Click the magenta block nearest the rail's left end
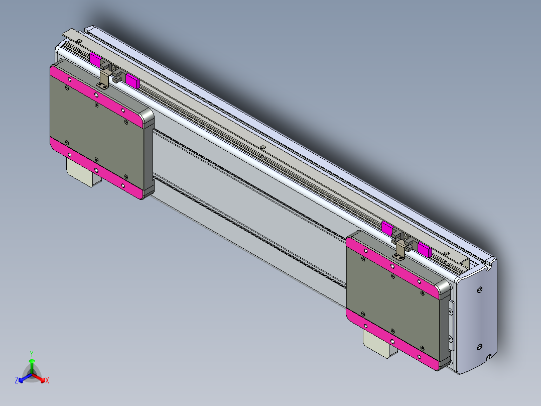(x=95, y=59)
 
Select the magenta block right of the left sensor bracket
(x=132, y=80)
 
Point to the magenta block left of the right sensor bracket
(x=387, y=228)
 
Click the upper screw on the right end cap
(x=480, y=289)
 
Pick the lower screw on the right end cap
(x=479, y=347)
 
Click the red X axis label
(x=47, y=380)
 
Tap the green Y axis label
(x=32, y=353)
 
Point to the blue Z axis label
(x=17, y=380)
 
